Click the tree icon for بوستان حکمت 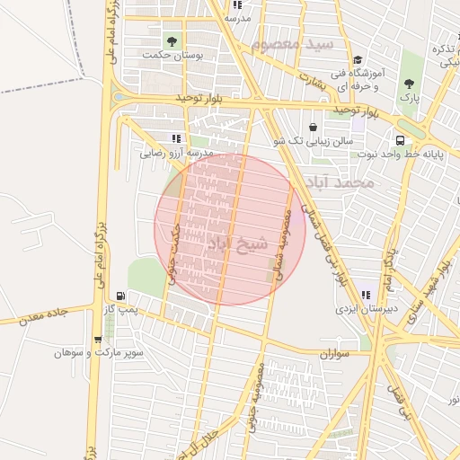(172, 40)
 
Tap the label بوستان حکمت (172, 55)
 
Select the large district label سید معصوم (293, 43)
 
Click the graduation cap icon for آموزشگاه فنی (357, 57)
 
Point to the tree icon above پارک (409, 84)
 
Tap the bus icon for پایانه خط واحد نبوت (399, 140)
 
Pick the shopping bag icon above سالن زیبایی (312, 127)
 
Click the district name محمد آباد (339, 183)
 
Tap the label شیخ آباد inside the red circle (237, 243)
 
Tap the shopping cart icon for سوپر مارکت (97, 340)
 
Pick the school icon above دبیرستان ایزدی (365, 294)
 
